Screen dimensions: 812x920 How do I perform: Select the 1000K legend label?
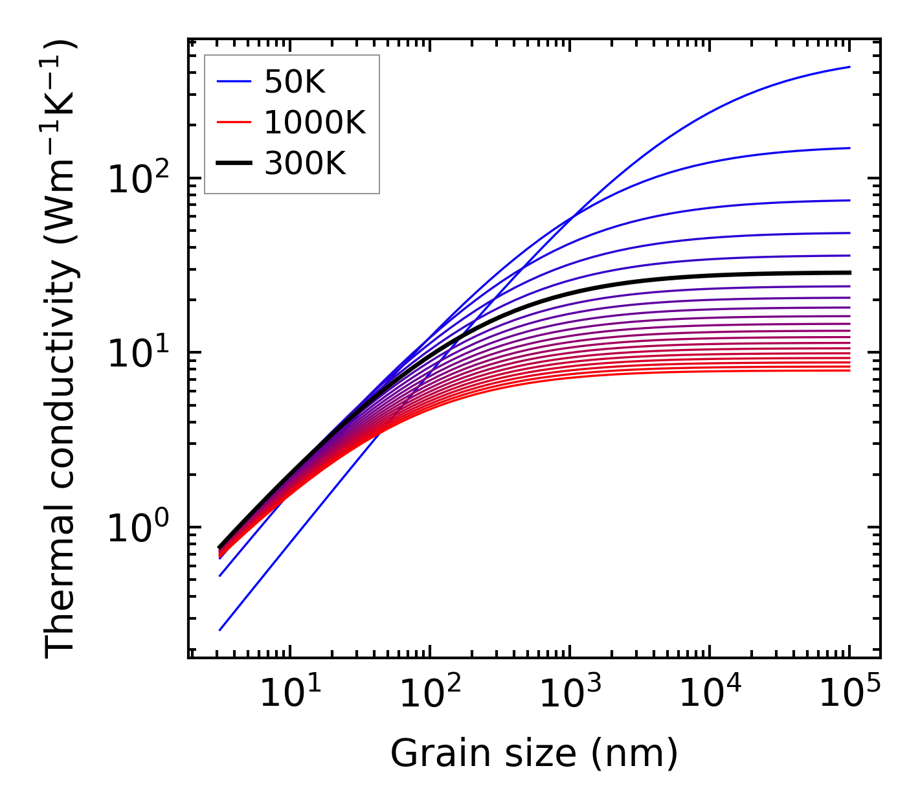pyautogui.click(x=315, y=122)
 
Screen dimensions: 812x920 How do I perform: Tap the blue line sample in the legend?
pyautogui.click(x=233, y=82)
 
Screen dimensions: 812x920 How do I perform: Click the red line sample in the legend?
pyautogui.click(x=233, y=122)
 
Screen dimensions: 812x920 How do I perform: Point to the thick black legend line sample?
pyautogui.click(x=233, y=164)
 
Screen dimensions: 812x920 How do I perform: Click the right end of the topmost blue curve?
pyautogui.click(x=849, y=67)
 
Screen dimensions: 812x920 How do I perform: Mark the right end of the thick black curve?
pyautogui.click(x=849, y=273)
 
